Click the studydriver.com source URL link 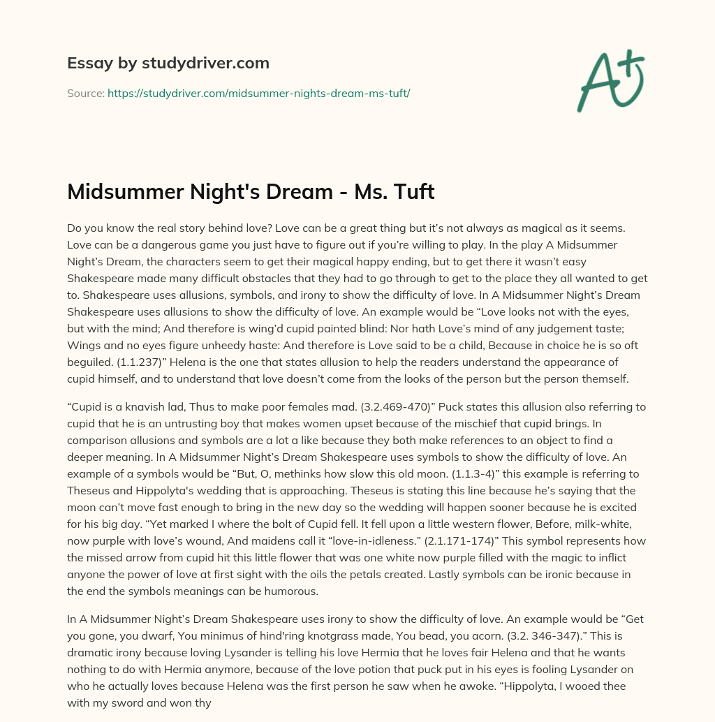[258, 92]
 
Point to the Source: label [86, 92]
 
